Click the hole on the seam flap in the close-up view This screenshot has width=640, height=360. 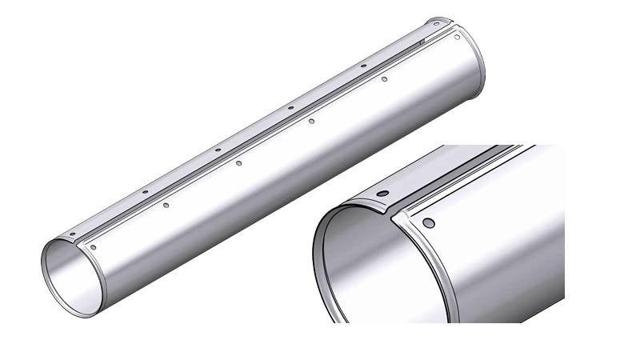382,194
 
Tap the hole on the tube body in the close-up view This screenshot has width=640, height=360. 429,222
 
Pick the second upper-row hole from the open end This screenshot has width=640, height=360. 145,192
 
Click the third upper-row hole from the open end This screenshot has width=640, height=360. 217,150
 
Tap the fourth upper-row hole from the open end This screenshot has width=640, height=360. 290,107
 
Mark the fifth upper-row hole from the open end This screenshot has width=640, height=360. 363,66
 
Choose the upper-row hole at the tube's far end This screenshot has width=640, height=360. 435,24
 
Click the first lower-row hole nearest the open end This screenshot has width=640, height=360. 94,248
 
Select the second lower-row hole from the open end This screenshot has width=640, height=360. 166,206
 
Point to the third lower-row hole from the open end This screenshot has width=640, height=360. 238,163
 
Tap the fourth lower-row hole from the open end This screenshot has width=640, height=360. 311,121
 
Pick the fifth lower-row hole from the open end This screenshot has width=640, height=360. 384,79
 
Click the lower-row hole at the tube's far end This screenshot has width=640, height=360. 457,37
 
